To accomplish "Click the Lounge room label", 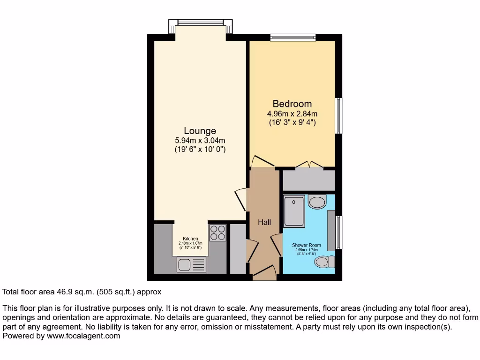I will click(x=200, y=131).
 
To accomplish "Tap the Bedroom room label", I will click(x=292, y=104).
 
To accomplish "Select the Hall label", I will click(x=264, y=222).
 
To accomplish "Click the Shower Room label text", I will click(x=307, y=245).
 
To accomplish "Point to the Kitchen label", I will click(x=190, y=239).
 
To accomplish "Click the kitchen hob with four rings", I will click(x=217, y=233).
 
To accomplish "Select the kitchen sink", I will click(x=191, y=265).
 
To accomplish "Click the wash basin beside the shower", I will click(x=317, y=202).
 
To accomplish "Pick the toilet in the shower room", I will click(x=324, y=261).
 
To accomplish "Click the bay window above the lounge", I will click(x=201, y=22).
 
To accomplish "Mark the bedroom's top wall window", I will click(x=292, y=37).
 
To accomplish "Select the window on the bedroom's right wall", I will click(x=338, y=116).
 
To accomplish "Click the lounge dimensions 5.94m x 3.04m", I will click(x=200, y=140).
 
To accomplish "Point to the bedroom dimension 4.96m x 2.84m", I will click(x=292, y=113).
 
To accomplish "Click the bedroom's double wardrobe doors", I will click(x=309, y=165).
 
